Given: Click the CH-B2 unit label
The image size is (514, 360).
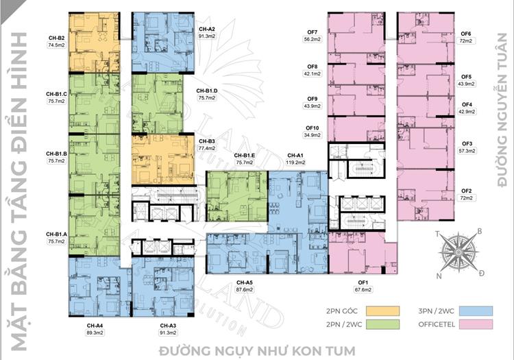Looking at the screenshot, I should pos(56,38).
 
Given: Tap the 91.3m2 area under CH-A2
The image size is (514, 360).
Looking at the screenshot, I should pos(206,36).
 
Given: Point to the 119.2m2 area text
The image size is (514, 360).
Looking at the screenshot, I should pos(296,163).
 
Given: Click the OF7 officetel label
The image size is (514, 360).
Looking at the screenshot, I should pos(312,32).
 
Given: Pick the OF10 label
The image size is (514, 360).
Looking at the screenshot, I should pos(312,128).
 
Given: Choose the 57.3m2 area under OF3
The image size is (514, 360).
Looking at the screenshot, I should pos(467,149).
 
